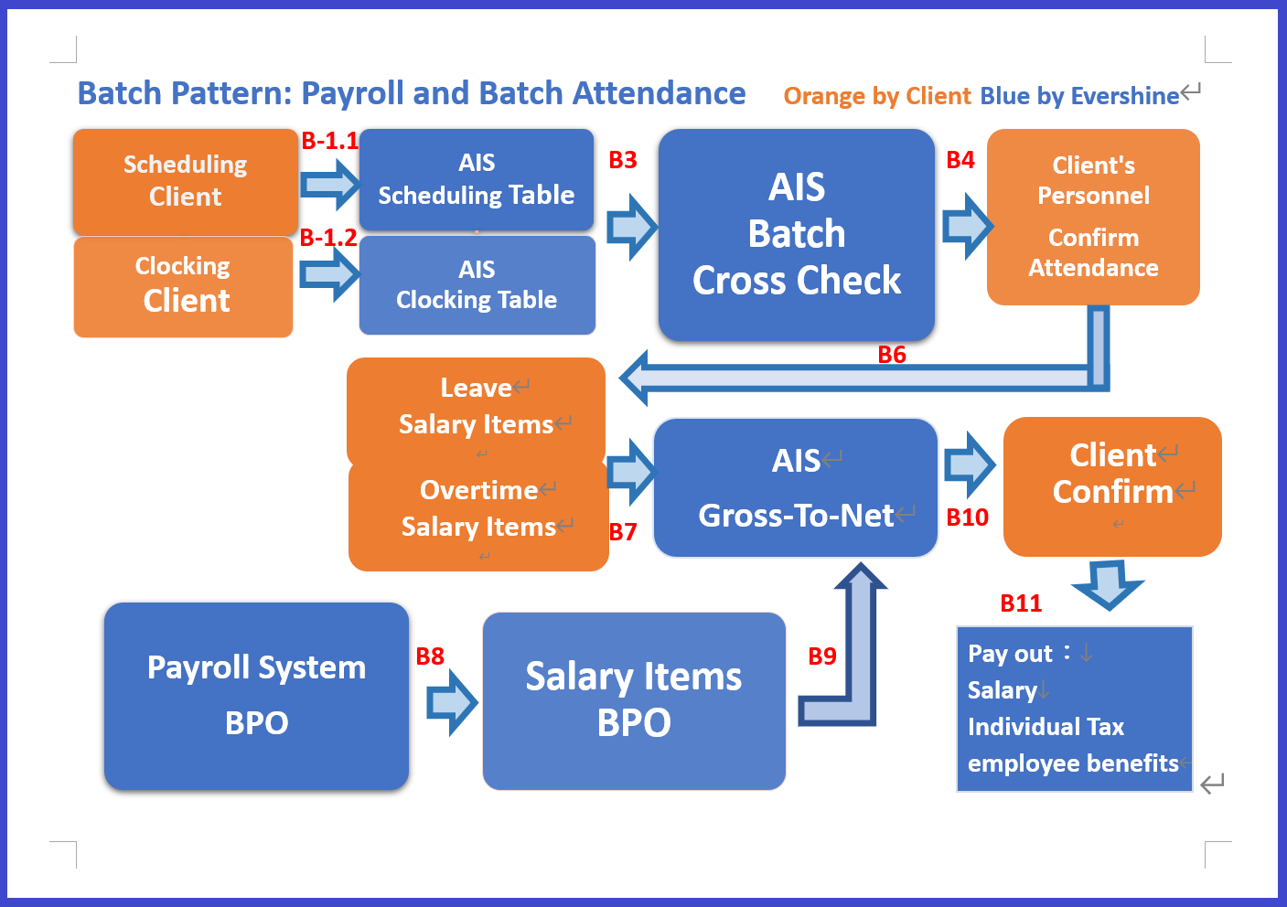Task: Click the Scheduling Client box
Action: point(185,181)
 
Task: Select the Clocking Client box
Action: point(183,286)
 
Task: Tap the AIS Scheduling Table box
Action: point(476,179)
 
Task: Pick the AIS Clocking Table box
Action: point(477,285)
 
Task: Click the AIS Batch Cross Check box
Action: point(796,234)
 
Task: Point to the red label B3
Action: point(623,160)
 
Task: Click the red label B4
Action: point(960,160)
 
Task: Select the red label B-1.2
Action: point(328,238)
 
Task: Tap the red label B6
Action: point(892,355)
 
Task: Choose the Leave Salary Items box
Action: point(476,409)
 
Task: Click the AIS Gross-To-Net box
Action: point(796,487)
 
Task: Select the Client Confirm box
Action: point(1112,486)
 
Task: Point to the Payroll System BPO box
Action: point(256,696)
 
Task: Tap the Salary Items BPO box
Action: point(634,700)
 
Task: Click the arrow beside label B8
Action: point(452,702)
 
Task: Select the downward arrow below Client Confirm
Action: point(1108,584)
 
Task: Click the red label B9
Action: point(822,656)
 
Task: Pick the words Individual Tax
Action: point(1046,727)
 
